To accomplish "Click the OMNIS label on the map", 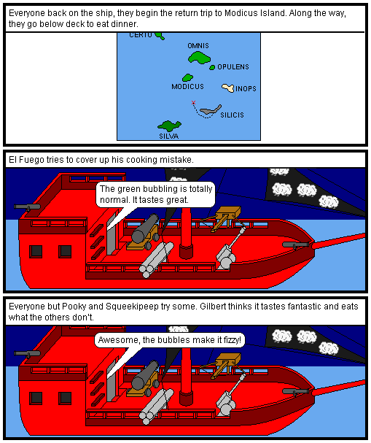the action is pyautogui.click(x=198, y=45).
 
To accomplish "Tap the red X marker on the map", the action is pyautogui.click(x=193, y=102).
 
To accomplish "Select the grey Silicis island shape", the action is pyautogui.click(x=211, y=109).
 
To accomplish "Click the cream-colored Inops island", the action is pyautogui.click(x=228, y=88).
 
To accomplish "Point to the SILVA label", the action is pyautogui.click(x=168, y=136).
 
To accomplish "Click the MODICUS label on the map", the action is pyautogui.click(x=187, y=86).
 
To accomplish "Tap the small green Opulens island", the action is pyautogui.click(x=212, y=67).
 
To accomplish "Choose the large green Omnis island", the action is pyautogui.click(x=199, y=58).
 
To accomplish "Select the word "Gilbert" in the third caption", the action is pyautogui.click(x=213, y=307).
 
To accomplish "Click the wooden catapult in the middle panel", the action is pyautogui.click(x=224, y=217).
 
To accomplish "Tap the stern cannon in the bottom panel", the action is pyautogui.click(x=27, y=353).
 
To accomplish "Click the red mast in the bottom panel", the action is pyautogui.click(x=186, y=371).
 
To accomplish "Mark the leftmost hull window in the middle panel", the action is pyautogui.click(x=36, y=252).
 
